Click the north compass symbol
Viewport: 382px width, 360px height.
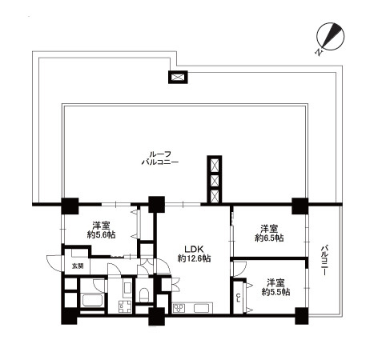pyautogui.click(x=330, y=37)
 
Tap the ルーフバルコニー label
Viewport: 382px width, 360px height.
pyautogui.click(x=160, y=158)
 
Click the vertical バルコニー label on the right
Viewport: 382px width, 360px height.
pyautogui.click(x=324, y=261)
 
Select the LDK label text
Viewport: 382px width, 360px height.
pyautogui.click(x=195, y=250)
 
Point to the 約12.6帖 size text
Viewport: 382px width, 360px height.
pyautogui.click(x=195, y=258)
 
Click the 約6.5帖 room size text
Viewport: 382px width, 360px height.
pyautogui.click(x=269, y=238)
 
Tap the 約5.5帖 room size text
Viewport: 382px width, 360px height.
pyautogui.click(x=275, y=292)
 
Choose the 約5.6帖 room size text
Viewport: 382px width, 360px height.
pyautogui.click(x=101, y=235)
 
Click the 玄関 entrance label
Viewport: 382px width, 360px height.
pyautogui.click(x=78, y=266)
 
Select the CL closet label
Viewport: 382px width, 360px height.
pyautogui.click(x=239, y=298)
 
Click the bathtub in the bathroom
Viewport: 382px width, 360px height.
pyautogui.click(x=92, y=301)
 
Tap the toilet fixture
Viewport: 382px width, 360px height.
pyautogui.click(x=144, y=294)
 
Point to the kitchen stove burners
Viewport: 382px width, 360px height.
pyautogui.click(x=179, y=308)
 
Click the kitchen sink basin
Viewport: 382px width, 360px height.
pyautogui.click(x=203, y=308)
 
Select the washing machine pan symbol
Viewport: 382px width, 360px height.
pyautogui.click(x=125, y=306)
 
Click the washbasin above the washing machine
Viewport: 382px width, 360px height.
pyautogui.click(x=127, y=289)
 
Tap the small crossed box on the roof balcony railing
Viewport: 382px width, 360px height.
pyautogui.click(x=178, y=77)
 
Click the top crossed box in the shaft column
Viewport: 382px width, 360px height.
pyautogui.click(x=215, y=166)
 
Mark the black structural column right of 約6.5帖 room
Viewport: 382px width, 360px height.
pyautogui.click(x=300, y=206)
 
